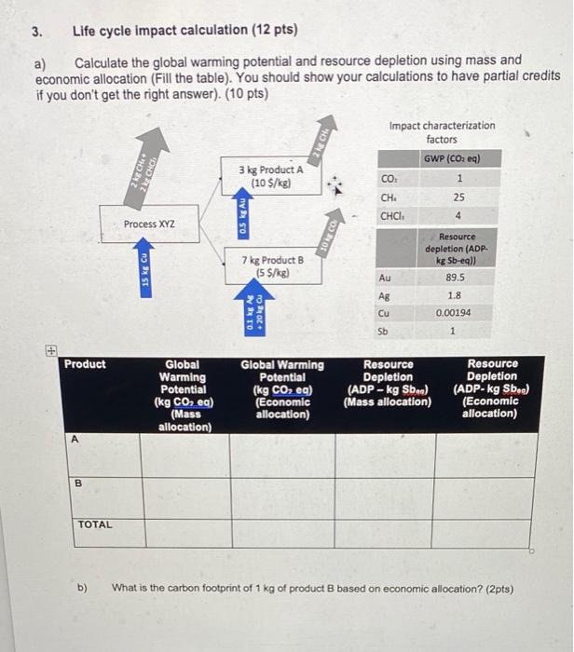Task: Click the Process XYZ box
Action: pyautogui.click(x=149, y=224)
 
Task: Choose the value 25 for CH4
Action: pyautogui.click(x=457, y=197)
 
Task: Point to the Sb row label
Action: pyautogui.click(x=383, y=331)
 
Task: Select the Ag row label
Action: pyautogui.click(x=383, y=294)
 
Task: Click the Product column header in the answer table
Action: pyautogui.click(x=85, y=364)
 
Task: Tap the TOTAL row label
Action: pyautogui.click(x=95, y=524)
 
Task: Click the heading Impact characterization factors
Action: pyautogui.click(x=442, y=131)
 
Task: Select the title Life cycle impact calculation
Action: pyautogui.click(x=184, y=30)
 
